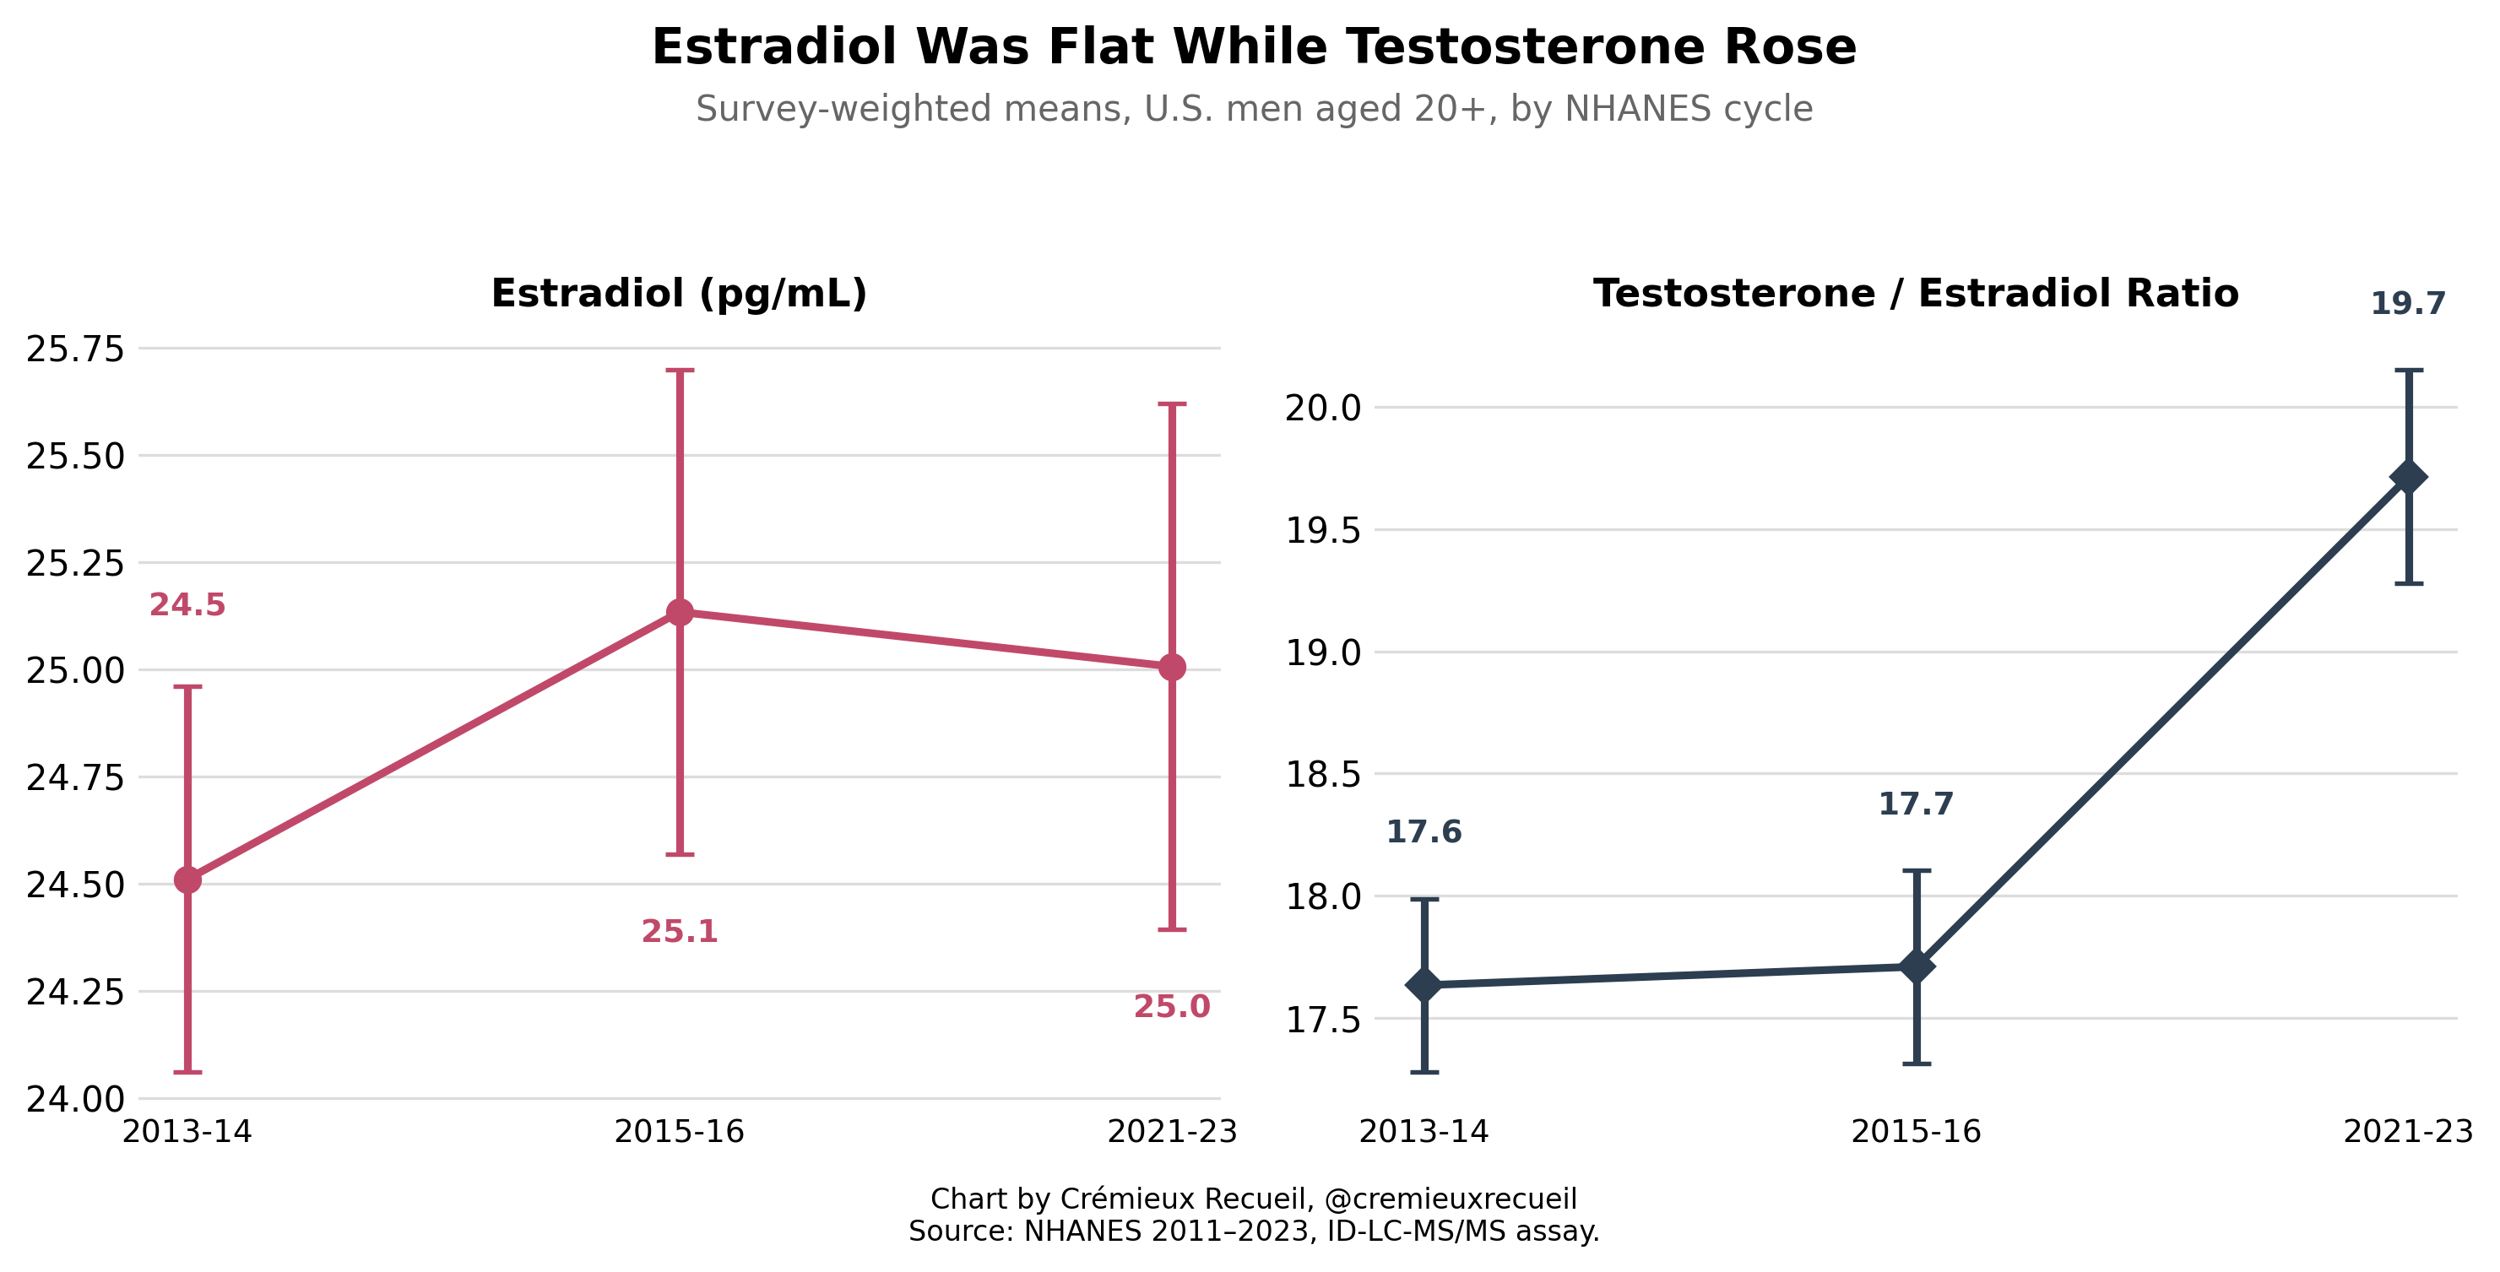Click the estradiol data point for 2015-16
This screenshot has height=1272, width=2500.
point(680,612)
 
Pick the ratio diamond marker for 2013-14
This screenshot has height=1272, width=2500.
point(1424,985)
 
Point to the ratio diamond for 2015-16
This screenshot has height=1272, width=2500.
point(1917,966)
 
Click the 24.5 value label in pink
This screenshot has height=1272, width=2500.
point(187,605)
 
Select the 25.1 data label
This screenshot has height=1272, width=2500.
point(680,933)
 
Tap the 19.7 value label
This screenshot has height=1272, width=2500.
point(2409,304)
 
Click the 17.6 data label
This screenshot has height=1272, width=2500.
point(1424,832)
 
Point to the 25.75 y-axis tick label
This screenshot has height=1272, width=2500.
point(76,349)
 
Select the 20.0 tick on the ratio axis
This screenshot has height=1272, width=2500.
point(1324,409)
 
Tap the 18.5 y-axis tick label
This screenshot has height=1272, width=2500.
point(1324,775)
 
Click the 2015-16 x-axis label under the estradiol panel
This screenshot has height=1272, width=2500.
point(680,1132)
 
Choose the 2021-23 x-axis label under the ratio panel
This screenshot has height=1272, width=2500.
point(2409,1132)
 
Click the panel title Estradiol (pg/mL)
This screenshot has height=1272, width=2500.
point(680,294)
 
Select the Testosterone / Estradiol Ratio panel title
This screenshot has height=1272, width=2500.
point(1916,294)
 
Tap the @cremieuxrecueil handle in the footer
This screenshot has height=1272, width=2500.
point(1450,1199)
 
